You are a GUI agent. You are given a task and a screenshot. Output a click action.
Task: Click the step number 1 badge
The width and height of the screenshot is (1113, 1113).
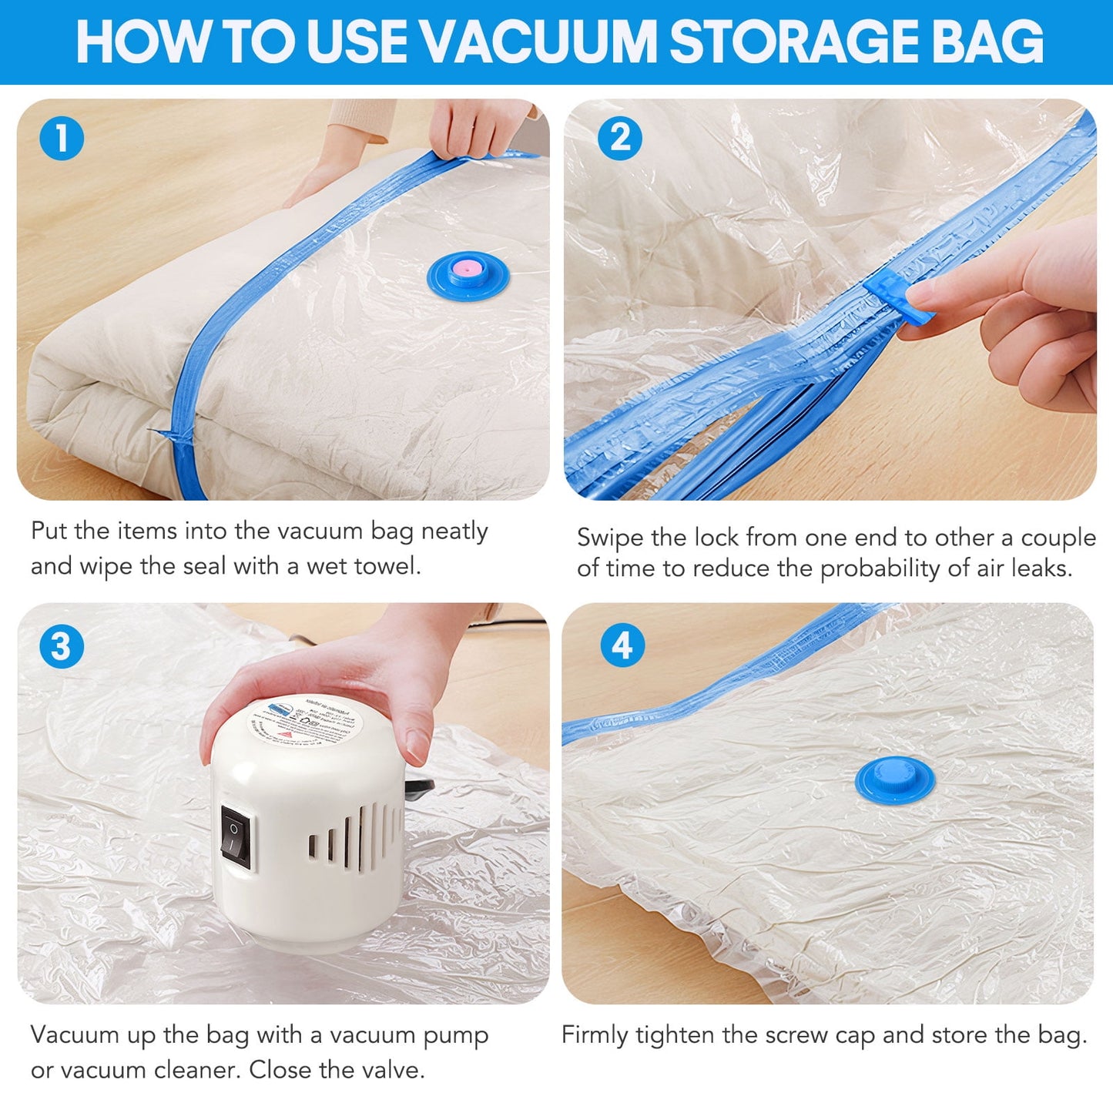(x=62, y=139)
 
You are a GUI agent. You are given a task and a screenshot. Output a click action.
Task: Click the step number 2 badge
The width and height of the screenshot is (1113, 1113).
(x=619, y=139)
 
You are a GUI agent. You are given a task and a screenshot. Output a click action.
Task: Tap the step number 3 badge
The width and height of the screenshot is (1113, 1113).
(x=62, y=645)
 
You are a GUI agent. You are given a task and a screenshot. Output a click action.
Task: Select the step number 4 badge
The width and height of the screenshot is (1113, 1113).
(x=622, y=645)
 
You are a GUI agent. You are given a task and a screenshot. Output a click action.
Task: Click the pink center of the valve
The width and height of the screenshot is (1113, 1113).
(x=468, y=270)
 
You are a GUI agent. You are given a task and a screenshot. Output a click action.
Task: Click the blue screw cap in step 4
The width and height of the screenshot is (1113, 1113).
(x=894, y=778)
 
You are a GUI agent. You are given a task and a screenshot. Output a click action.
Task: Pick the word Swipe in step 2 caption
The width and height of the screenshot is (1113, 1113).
(x=610, y=538)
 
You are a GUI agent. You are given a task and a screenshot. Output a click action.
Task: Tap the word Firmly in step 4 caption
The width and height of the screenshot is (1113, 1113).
(x=595, y=1035)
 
